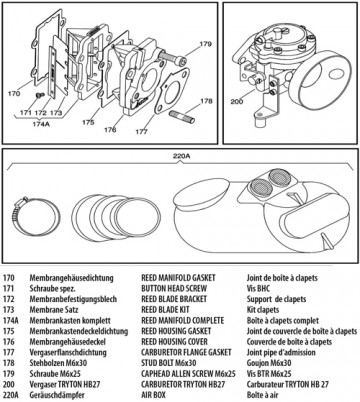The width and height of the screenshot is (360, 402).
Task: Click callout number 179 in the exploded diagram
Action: (x=205, y=45)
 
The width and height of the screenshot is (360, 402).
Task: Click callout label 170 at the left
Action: (x=14, y=93)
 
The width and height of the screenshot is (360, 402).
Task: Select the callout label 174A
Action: (x=40, y=125)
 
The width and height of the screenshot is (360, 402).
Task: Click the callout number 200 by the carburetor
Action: (x=237, y=101)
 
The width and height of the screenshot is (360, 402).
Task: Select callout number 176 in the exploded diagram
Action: (x=109, y=129)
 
